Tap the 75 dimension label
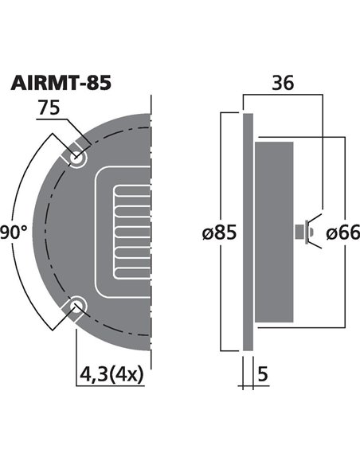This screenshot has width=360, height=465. [x=50, y=110]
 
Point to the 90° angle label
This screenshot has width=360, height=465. [x=15, y=231]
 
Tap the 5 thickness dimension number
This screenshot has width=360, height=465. [x=264, y=373]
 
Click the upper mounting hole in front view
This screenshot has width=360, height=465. [x=77, y=158]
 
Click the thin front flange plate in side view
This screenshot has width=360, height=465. [x=248, y=232]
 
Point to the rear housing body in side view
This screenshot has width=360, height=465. [x=275, y=232]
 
